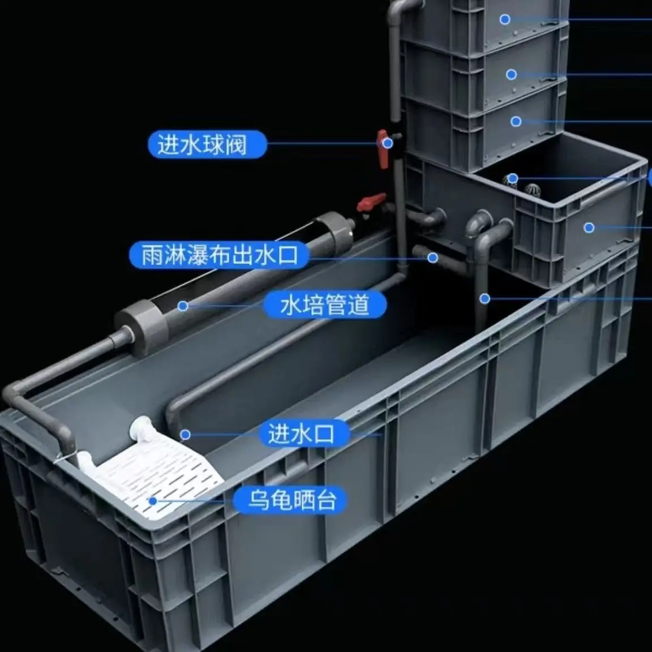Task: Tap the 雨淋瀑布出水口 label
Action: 219,255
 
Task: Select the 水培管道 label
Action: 325,304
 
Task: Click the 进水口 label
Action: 301,434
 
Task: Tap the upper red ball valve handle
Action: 382,148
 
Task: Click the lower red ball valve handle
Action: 371,201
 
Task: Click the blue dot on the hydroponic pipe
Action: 183,306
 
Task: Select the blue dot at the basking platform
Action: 153,501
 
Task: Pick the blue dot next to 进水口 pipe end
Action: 186,435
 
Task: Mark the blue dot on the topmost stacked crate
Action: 505,19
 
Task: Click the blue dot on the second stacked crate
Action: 512,75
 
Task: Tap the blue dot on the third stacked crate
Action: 516,122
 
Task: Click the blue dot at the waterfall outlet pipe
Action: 433,258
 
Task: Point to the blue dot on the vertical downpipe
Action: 484,299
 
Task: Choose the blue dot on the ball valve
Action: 388,143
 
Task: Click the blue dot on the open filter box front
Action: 589,228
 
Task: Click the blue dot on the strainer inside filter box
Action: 513,178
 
